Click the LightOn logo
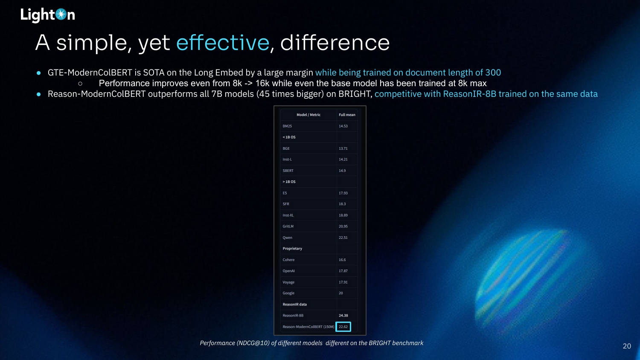point(48,15)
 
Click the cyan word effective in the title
point(223,43)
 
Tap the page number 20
point(627,346)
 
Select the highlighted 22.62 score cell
point(343,327)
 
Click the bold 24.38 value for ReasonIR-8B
point(343,316)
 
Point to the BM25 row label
point(287,126)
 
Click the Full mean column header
point(347,115)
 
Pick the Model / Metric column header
point(308,115)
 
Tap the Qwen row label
point(288,238)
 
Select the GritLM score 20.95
point(343,226)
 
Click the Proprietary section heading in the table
point(292,249)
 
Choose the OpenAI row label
point(288,271)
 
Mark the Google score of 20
point(340,293)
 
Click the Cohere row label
point(288,260)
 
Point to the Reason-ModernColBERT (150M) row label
point(308,327)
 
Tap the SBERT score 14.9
point(342,171)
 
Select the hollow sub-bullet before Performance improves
point(80,84)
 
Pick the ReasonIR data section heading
point(294,304)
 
